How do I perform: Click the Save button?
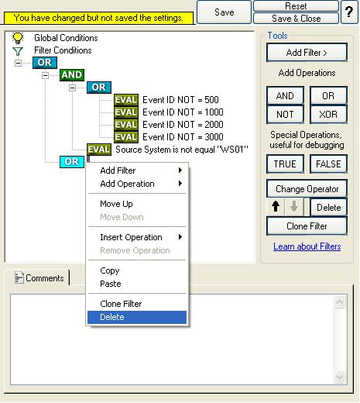tap(224, 12)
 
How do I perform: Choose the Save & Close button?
tap(296, 19)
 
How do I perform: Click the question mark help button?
tap(349, 12)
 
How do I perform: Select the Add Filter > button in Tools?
tap(307, 53)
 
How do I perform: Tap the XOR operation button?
tap(328, 114)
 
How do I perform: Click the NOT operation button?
tap(285, 114)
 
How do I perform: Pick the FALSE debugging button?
tap(328, 164)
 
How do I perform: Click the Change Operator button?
tap(307, 189)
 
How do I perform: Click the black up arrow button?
tap(276, 206)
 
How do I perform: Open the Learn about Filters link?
tap(307, 246)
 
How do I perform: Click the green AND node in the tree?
tap(72, 75)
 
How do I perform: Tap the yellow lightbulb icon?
tap(18, 38)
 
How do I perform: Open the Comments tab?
tap(39, 278)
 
